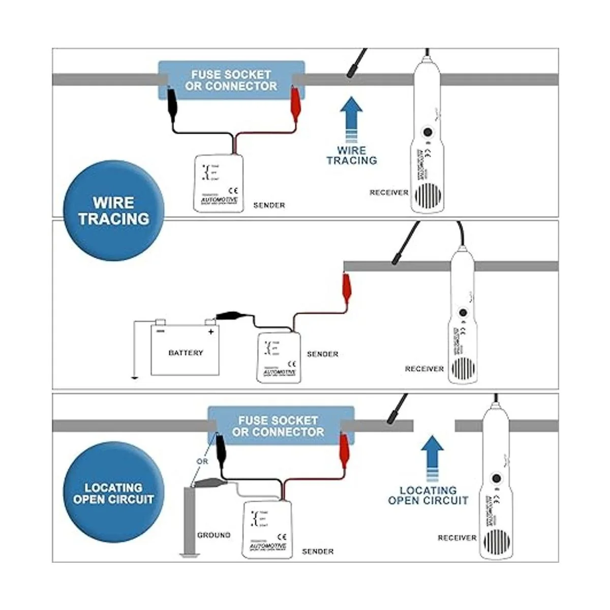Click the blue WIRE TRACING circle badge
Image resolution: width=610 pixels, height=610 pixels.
tap(113, 211)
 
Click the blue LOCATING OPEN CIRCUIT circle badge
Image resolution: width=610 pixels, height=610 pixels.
tap(113, 494)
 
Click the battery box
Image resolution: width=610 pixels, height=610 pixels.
tap(185, 351)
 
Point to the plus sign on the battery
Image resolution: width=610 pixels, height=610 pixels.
tap(211, 331)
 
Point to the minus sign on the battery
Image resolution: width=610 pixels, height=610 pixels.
tap(161, 331)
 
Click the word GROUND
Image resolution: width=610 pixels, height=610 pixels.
tap(213, 535)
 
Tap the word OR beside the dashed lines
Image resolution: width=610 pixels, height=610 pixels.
tap(202, 462)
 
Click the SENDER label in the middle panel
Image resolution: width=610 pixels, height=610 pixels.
tap(322, 354)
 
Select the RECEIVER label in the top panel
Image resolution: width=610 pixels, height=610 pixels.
tap(389, 193)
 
